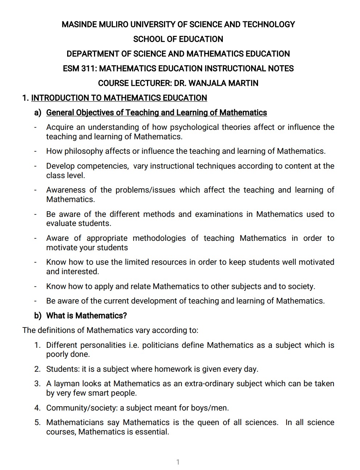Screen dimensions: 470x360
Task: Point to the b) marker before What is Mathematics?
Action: pyautogui.click(x=38, y=316)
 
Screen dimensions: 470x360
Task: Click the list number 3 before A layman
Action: pyautogui.click(x=37, y=384)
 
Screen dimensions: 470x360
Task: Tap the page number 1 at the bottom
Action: pyautogui.click(x=178, y=462)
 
